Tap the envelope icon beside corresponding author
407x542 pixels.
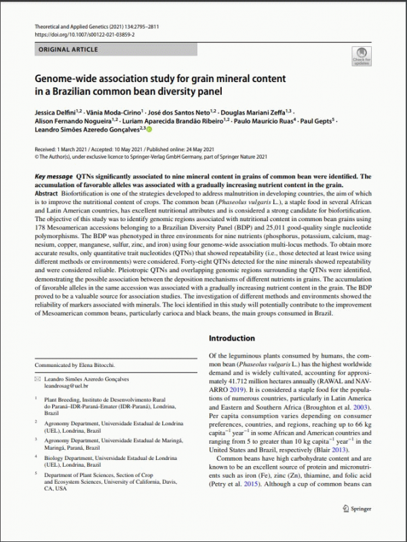click(x=37, y=379)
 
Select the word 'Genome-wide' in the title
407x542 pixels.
click(x=64, y=78)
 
